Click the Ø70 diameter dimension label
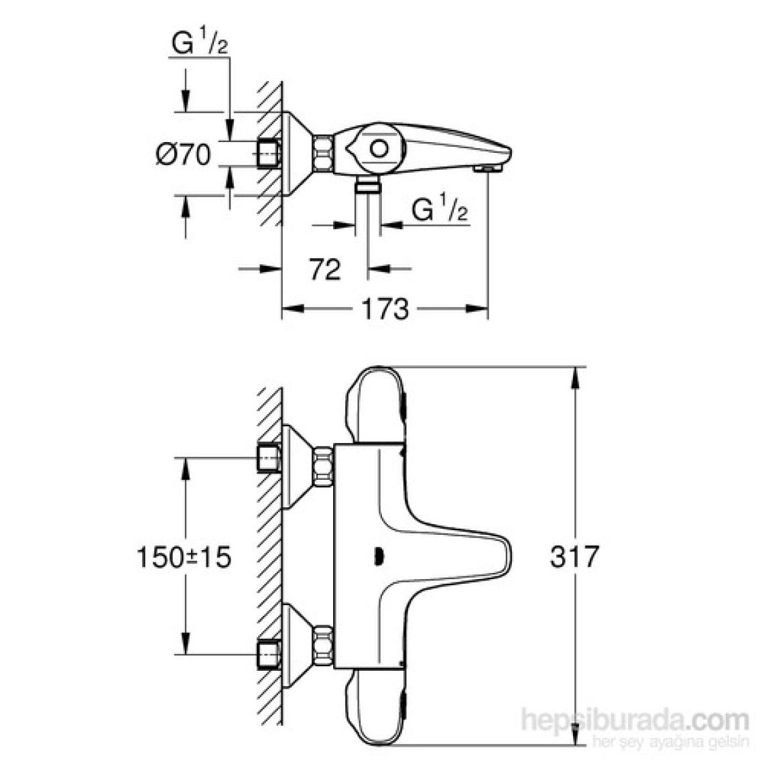point(184,155)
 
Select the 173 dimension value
point(385,309)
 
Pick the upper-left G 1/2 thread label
point(200,43)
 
